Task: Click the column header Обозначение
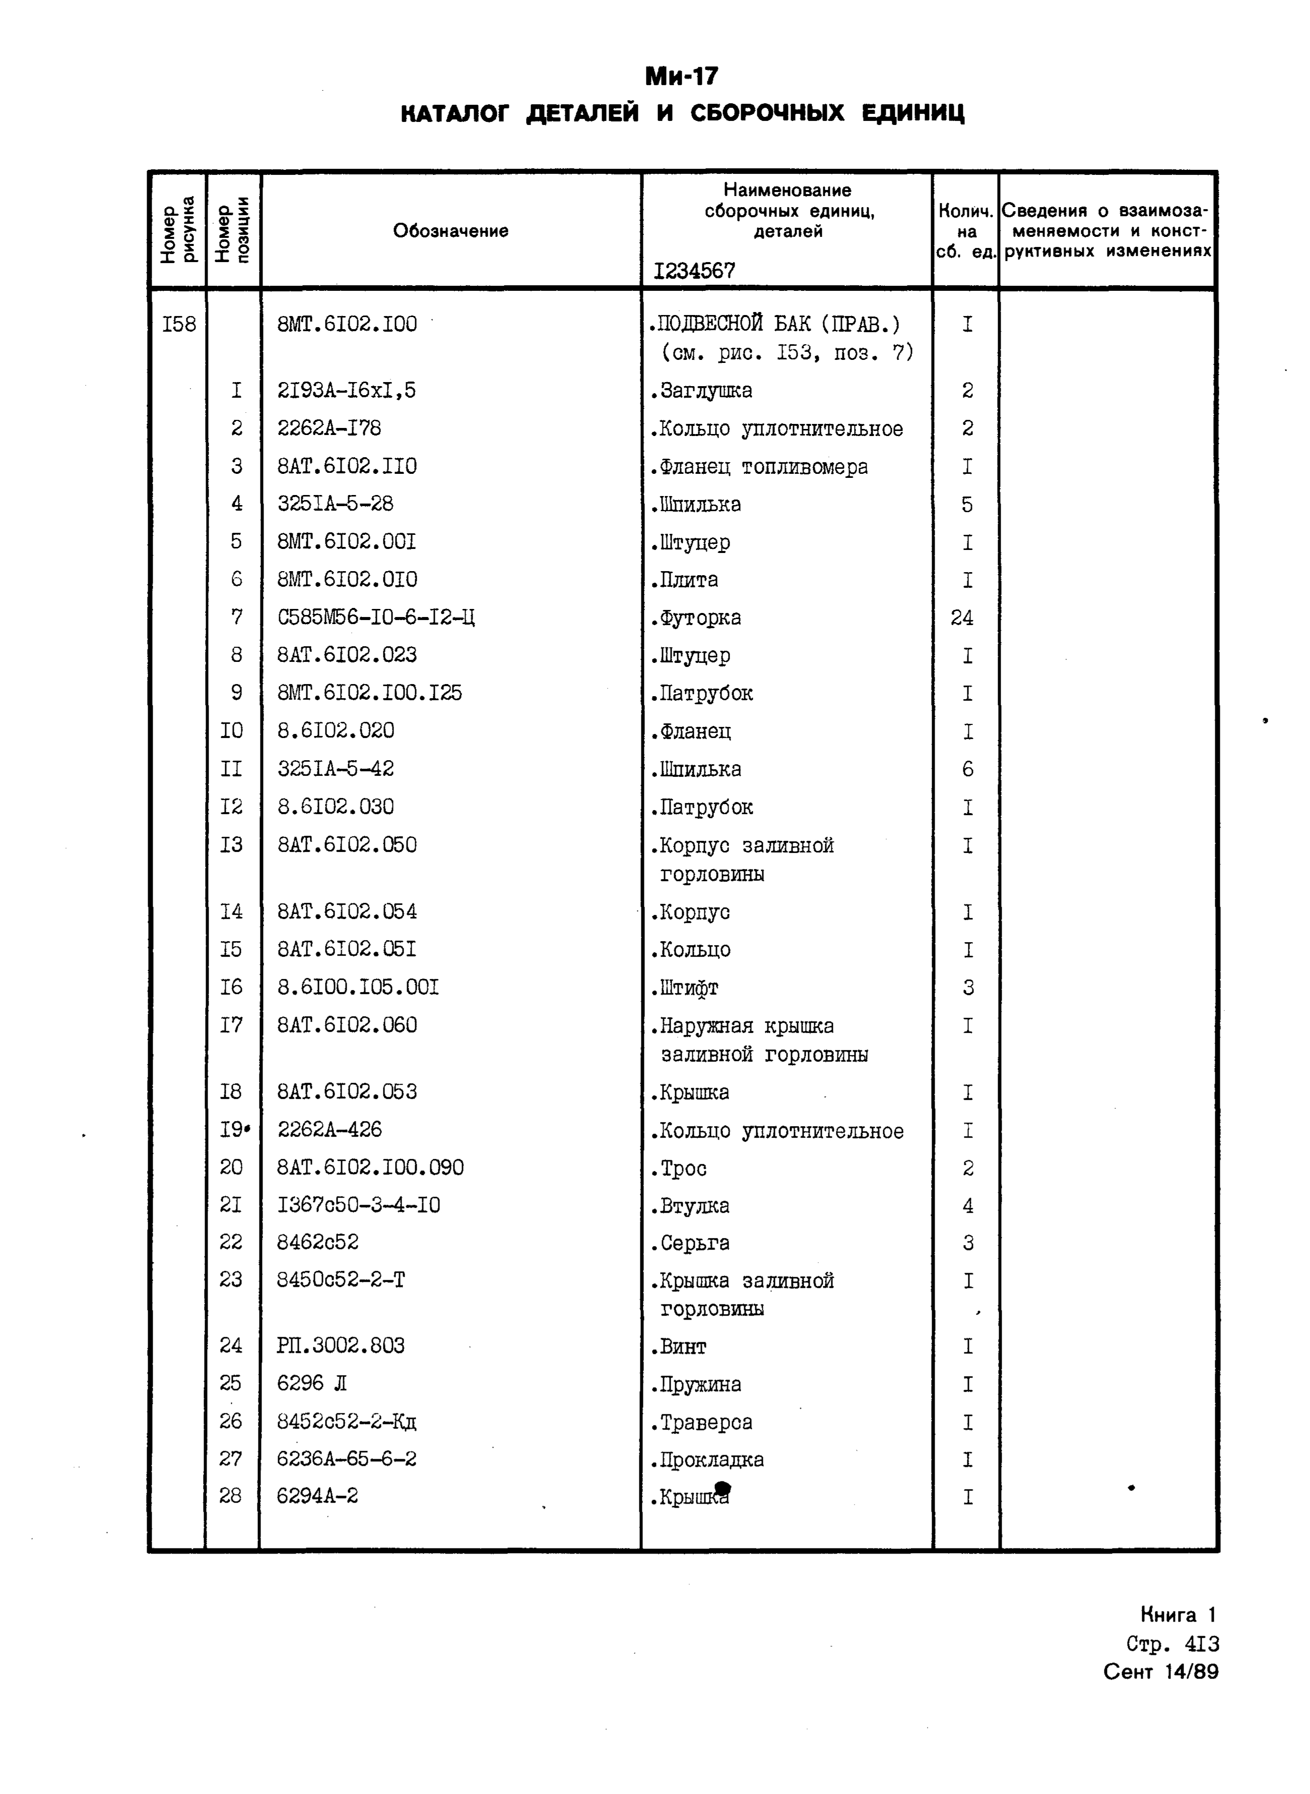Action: (450, 231)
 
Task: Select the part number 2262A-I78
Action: (329, 428)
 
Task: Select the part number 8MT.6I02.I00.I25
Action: (369, 693)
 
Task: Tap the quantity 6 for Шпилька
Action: (967, 769)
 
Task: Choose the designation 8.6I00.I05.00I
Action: (358, 987)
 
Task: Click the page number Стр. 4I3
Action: (1172, 1643)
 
